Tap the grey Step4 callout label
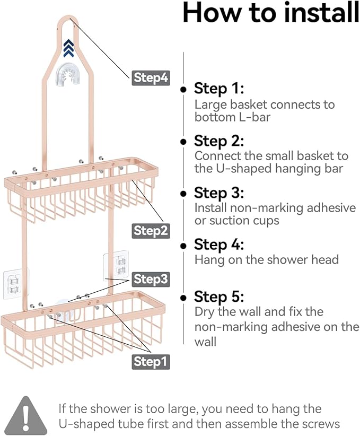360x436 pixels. tap(151, 78)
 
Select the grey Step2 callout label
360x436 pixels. tap(151, 231)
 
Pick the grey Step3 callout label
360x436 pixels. tap(151, 279)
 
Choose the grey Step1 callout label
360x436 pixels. tap(151, 362)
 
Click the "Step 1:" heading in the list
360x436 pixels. tap(218, 88)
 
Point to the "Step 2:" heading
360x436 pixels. tap(219, 141)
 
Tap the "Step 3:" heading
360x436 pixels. tap(219, 193)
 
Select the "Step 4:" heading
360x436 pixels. tap(219, 245)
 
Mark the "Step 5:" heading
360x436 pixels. tap(219, 297)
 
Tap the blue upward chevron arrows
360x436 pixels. tap(68, 49)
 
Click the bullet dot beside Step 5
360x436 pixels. tap(183, 297)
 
